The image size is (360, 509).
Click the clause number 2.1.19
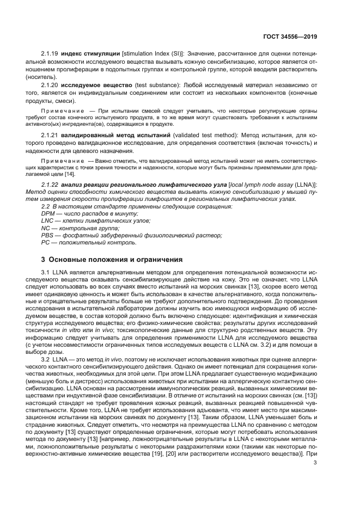coord(50,54)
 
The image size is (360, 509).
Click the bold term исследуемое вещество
coord(96,85)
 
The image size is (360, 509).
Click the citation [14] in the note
coord(70,174)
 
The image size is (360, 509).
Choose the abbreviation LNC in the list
coord(48,220)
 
